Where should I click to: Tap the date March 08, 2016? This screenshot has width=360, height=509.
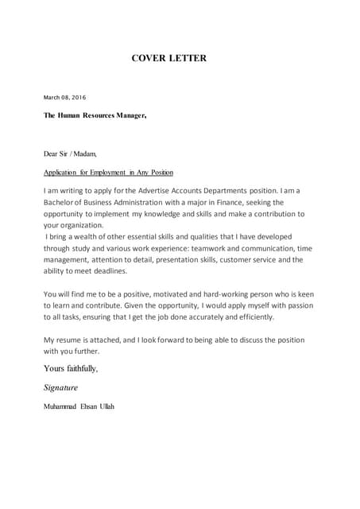click(x=64, y=98)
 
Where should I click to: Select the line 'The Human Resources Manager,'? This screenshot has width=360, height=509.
click(x=95, y=115)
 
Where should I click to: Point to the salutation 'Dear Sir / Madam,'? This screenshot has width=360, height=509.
click(x=70, y=153)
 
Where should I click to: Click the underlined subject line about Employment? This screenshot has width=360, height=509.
click(x=108, y=173)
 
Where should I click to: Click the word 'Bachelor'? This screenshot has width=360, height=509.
click(x=63, y=203)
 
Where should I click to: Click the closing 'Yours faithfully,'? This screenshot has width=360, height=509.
click(x=71, y=368)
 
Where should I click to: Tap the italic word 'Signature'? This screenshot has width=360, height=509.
click(x=60, y=388)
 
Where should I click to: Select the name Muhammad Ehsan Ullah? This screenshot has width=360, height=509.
click(x=79, y=406)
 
